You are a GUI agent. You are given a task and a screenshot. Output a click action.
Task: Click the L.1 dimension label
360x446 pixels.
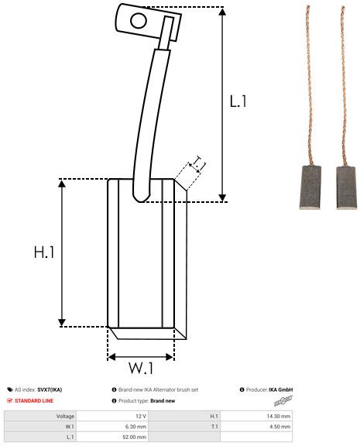pyautogui.click(x=238, y=101)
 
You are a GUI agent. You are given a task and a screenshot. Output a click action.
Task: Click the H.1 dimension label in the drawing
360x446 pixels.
pyautogui.click(x=44, y=252)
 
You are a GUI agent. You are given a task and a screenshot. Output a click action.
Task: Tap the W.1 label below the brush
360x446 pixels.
pyautogui.click(x=141, y=368)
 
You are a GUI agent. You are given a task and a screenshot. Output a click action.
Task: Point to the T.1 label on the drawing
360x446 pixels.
pyautogui.click(x=199, y=163)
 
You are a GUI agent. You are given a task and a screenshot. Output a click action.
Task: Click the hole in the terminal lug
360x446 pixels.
pyautogui.click(x=139, y=21)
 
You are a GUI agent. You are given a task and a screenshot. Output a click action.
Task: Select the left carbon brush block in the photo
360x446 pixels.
pyautogui.click(x=310, y=187)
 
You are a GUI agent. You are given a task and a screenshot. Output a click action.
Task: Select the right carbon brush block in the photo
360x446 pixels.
pyautogui.click(x=346, y=187)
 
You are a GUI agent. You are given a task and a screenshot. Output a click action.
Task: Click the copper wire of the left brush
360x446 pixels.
pyautogui.click(x=310, y=85)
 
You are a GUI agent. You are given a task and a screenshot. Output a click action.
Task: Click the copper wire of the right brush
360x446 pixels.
pyautogui.click(x=344, y=85)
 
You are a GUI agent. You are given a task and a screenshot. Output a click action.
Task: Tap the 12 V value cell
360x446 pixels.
pyautogui.click(x=112, y=416)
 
